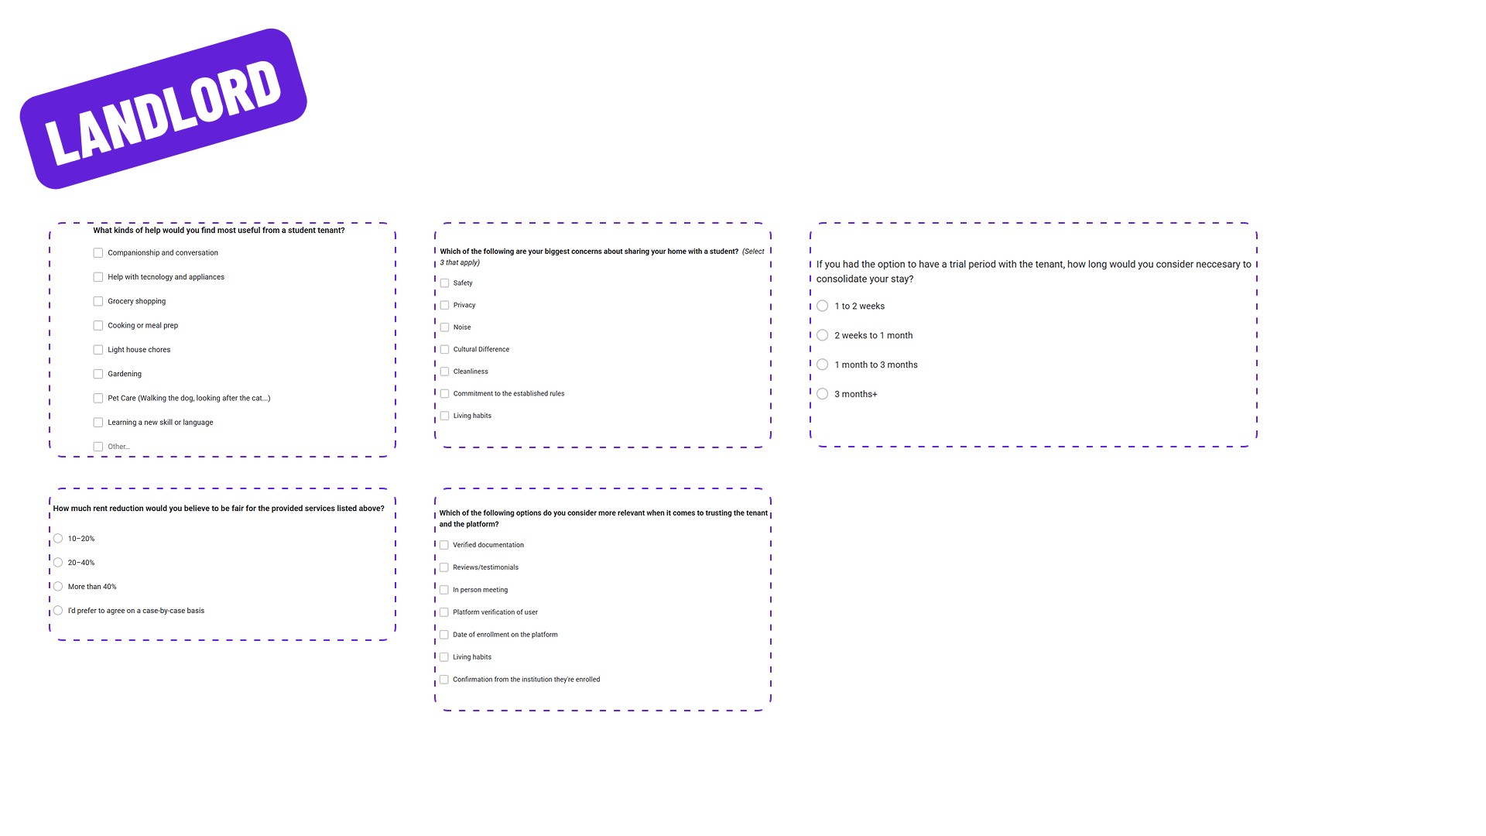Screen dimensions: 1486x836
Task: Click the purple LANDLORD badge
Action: (x=163, y=109)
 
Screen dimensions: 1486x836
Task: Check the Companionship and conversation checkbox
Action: (x=98, y=253)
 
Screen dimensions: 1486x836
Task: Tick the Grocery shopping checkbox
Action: (x=98, y=302)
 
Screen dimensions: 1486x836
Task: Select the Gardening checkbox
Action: (x=98, y=375)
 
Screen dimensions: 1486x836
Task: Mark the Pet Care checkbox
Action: (x=98, y=399)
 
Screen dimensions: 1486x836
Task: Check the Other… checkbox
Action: (x=98, y=447)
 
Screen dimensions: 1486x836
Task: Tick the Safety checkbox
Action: (x=445, y=283)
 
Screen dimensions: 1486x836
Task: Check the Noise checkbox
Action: (x=445, y=327)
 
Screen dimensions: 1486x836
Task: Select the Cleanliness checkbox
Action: (x=445, y=372)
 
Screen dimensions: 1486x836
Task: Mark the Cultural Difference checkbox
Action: (x=445, y=350)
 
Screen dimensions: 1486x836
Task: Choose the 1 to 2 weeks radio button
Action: (x=823, y=307)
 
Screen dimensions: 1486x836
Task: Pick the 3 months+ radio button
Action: (x=823, y=395)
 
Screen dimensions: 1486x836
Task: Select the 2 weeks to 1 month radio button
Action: (x=823, y=336)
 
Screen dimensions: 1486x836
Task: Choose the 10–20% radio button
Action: (x=58, y=539)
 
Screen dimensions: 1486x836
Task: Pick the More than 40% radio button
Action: (x=58, y=587)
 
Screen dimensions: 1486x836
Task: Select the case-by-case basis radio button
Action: (x=58, y=611)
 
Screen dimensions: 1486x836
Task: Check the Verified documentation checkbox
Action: (x=444, y=546)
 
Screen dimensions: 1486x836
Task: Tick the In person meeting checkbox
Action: (x=444, y=591)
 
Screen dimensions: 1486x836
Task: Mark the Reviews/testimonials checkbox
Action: (x=444, y=568)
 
